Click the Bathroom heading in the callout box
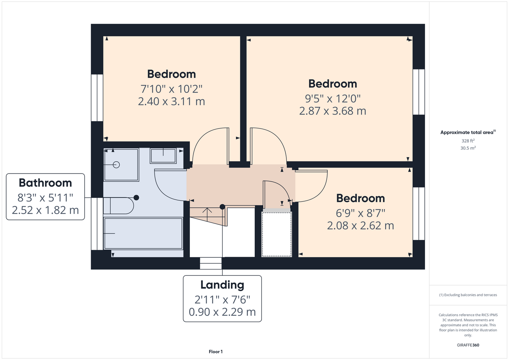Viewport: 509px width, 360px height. pyautogui.click(x=45, y=183)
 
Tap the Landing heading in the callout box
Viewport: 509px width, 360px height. pyautogui.click(x=222, y=285)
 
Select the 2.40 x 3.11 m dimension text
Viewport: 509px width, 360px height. pyautogui.click(x=171, y=101)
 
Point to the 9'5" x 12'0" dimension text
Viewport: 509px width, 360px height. pyautogui.click(x=332, y=99)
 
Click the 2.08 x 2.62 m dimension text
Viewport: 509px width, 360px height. pyautogui.click(x=360, y=225)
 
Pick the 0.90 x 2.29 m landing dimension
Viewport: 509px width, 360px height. pyautogui.click(x=222, y=312)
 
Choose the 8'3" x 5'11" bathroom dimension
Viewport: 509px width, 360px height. pyautogui.click(x=45, y=198)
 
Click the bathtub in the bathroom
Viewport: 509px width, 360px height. pyautogui.click(x=143, y=233)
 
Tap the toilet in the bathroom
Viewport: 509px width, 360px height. pyautogui.click(x=119, y=206)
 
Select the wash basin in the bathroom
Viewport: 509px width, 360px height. pyautogui.click(x=163, y=156)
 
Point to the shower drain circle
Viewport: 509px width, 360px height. pyautogui.click(x=116, y=165)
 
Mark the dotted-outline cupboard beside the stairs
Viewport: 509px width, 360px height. pyautogui.click(x=277, y=234)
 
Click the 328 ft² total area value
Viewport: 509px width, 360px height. pyautogui.click(x=468, y=141)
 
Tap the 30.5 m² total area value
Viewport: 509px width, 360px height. pyautogui.click(x=468, y=148)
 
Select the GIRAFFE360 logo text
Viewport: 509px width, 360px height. pyautogui.click(x=468, y=345)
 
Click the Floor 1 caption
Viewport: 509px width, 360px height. pyautogui.click(x=216, y=352)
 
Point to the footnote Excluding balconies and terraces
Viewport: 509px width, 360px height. pyautogui.click(x=468, y=295)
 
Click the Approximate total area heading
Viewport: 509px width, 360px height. pyautogui.click(x=468, y=132)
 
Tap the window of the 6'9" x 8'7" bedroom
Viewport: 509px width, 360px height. pyautogui.click(x=419, y=213)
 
